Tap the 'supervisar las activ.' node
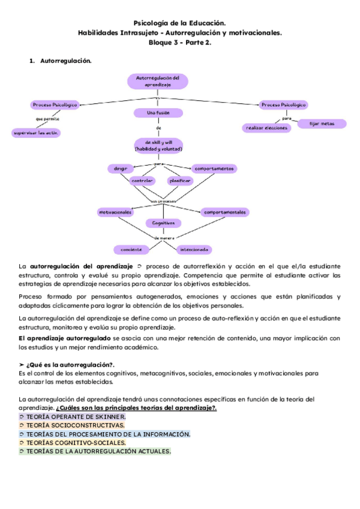coord(37,133)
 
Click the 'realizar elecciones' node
coord(266,128)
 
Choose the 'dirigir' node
coord(121,169)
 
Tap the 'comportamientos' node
coord(214,169)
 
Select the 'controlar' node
coord(143,181)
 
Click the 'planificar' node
coord(180,181)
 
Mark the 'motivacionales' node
coord(116,212)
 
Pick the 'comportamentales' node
coord(224,212)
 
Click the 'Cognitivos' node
coord(163,223)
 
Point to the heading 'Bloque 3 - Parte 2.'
coord(180,43)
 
